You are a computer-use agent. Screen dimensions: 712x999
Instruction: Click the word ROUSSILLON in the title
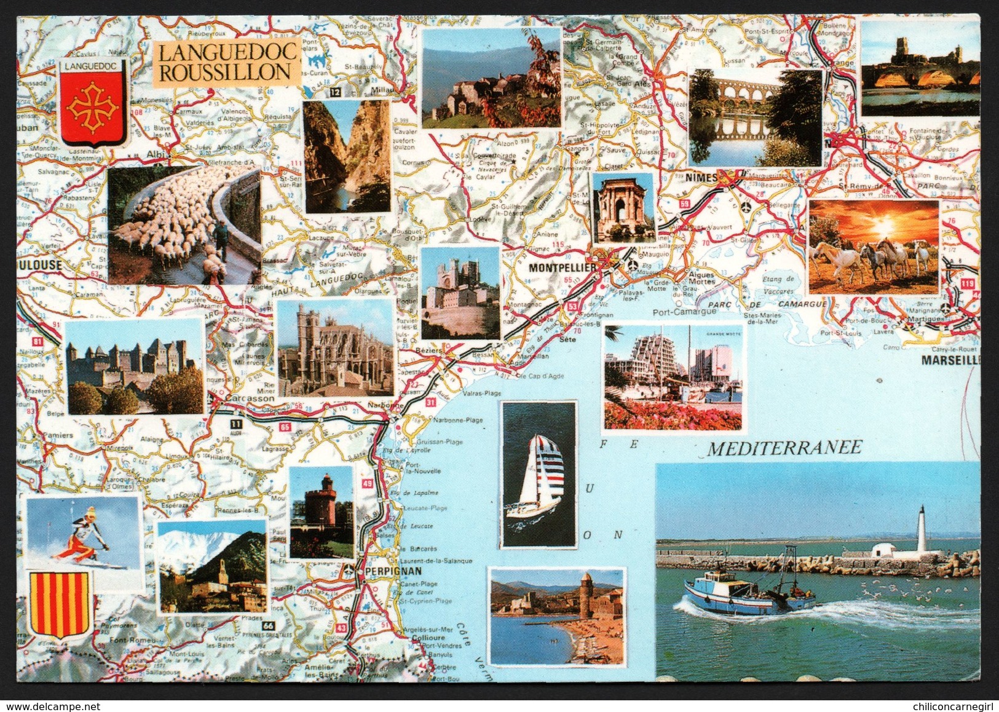(225, 72)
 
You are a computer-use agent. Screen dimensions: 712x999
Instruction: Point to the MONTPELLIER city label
(563, 268)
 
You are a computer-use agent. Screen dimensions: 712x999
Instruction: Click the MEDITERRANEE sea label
(784, 448)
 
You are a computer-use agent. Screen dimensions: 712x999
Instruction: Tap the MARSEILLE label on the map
(950, 360)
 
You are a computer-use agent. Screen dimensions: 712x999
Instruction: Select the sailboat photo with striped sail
(539, 474)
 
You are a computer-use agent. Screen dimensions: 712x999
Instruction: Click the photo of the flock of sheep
(184, 224)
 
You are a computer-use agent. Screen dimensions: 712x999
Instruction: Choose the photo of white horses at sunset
(874, 246)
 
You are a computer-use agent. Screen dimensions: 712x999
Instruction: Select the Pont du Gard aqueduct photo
(755, 117)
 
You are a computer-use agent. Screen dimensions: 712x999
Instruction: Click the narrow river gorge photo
(347, 156)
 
